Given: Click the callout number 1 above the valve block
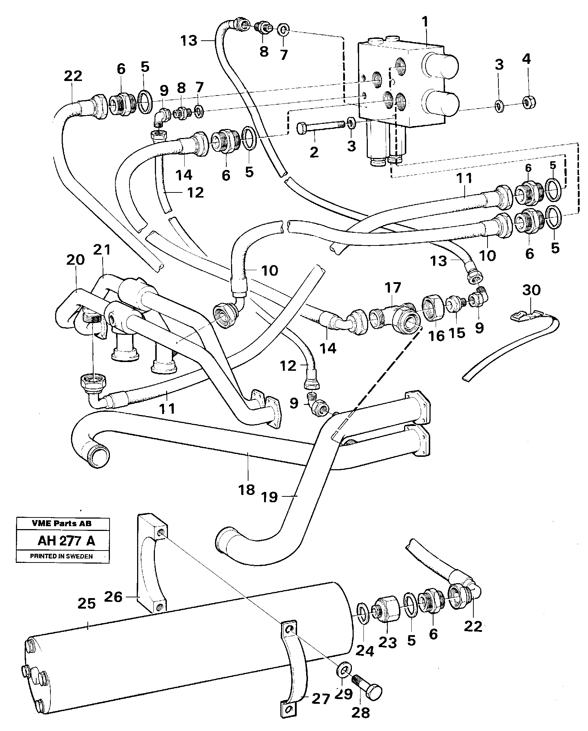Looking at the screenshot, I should pyautogui.click(x=425, y=23).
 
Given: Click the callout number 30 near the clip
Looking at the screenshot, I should pyautogui.click(x=531, y=290).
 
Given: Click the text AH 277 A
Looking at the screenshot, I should pyautogui.click(x=66, y=541).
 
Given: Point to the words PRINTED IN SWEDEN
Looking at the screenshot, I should pyautogui.click(x=61, y=556).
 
